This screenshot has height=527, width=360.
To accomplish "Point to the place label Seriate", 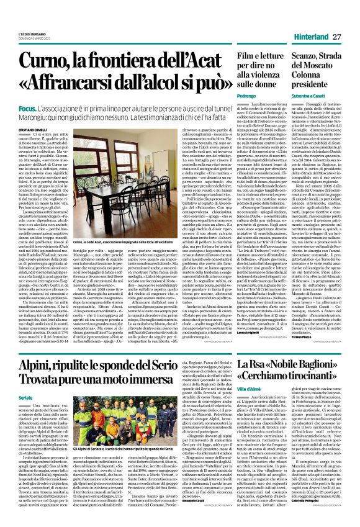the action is pyautogui.click(x=27, y=363).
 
